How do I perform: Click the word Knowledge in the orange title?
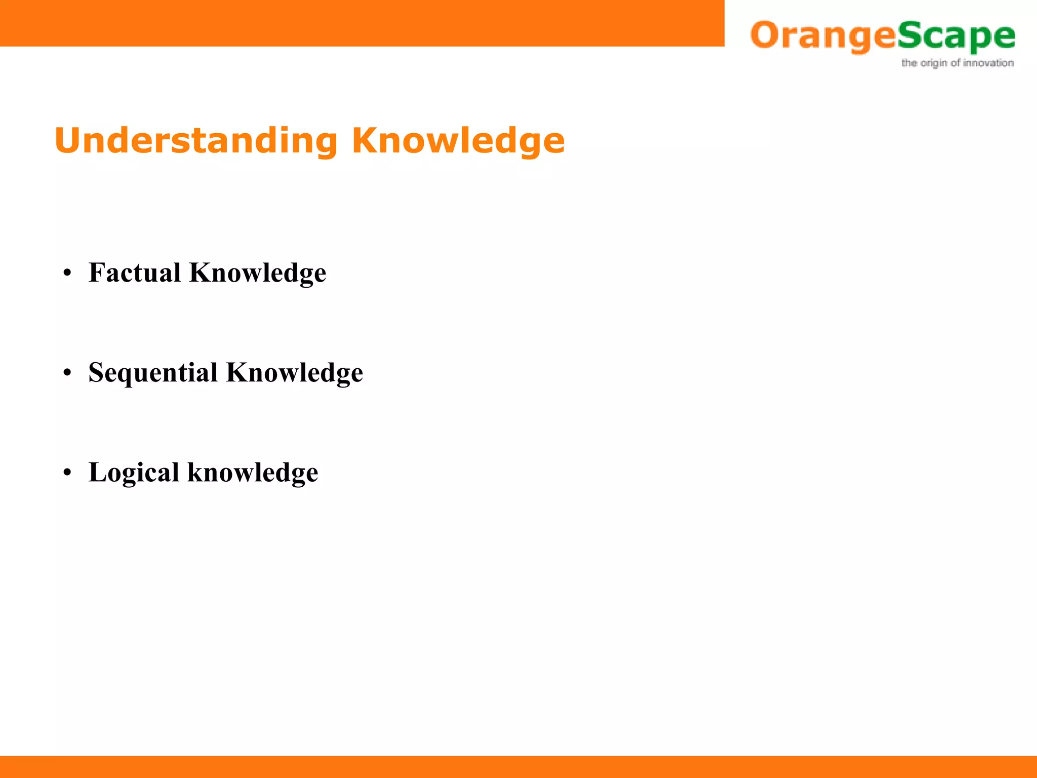(x=458, y=141)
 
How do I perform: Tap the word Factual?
(x=134, y=273)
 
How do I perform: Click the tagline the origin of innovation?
(x=957, y=63)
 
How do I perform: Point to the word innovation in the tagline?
(x=988, y=63)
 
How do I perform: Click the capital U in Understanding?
(x=68, y=141)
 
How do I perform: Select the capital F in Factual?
(x=97, y=273)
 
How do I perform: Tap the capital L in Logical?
(x=98, y=473)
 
